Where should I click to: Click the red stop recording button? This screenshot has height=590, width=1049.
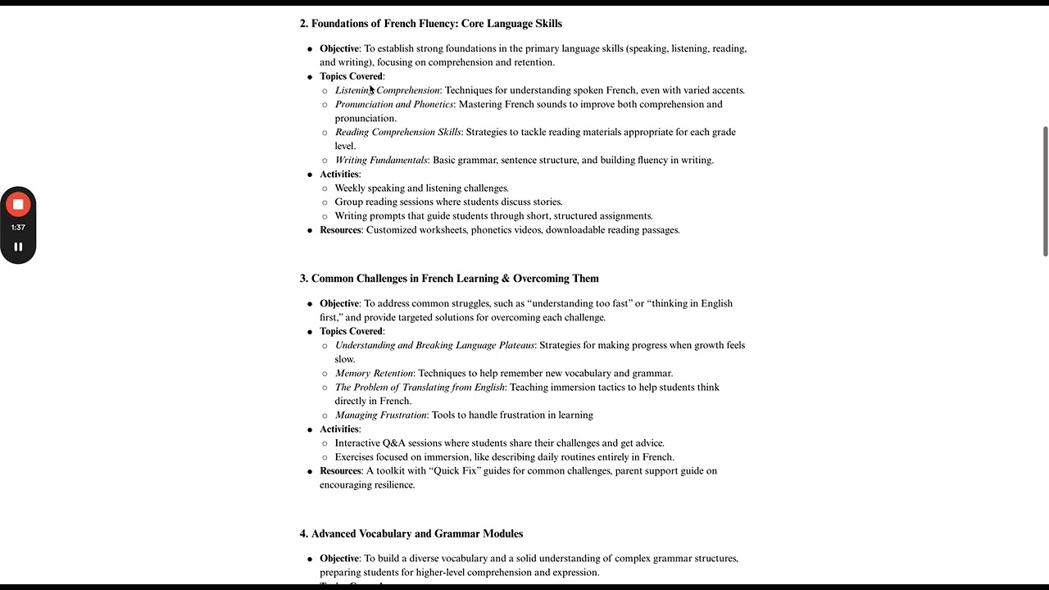[x=18, y=205]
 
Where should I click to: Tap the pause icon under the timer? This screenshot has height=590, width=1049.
[x=18, y=247]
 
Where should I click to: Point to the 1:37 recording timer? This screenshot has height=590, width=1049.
[x=18, y=227]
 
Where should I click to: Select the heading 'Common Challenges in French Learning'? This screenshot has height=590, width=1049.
[x=455, y=279]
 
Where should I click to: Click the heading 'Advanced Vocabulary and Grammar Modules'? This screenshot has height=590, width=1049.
[x=416, y=533]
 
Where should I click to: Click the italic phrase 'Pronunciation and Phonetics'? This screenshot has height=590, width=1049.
[x=393, y=104]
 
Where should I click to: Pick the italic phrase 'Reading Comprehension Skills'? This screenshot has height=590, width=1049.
[x=397, y=132]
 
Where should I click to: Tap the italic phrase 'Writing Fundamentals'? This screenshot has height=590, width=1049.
[x=381, y=160]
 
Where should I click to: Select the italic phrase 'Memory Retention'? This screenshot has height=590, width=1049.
[x=374, y=373]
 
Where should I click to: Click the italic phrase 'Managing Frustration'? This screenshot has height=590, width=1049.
[x=380, y=415]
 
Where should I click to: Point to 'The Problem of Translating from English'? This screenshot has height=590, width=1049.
[x=420, y=387]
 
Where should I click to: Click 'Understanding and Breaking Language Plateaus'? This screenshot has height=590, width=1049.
[x=434, y=345]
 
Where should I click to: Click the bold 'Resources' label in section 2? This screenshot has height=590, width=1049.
[x=340, y=230]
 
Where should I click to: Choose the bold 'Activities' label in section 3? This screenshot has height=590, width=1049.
[x=339, y=429]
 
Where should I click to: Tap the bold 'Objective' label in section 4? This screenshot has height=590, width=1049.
[x=339, y=558]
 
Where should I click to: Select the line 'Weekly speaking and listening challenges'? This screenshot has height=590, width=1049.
[x=421, y=188]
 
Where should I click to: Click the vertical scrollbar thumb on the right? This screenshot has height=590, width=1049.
[x=1045, y=191]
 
